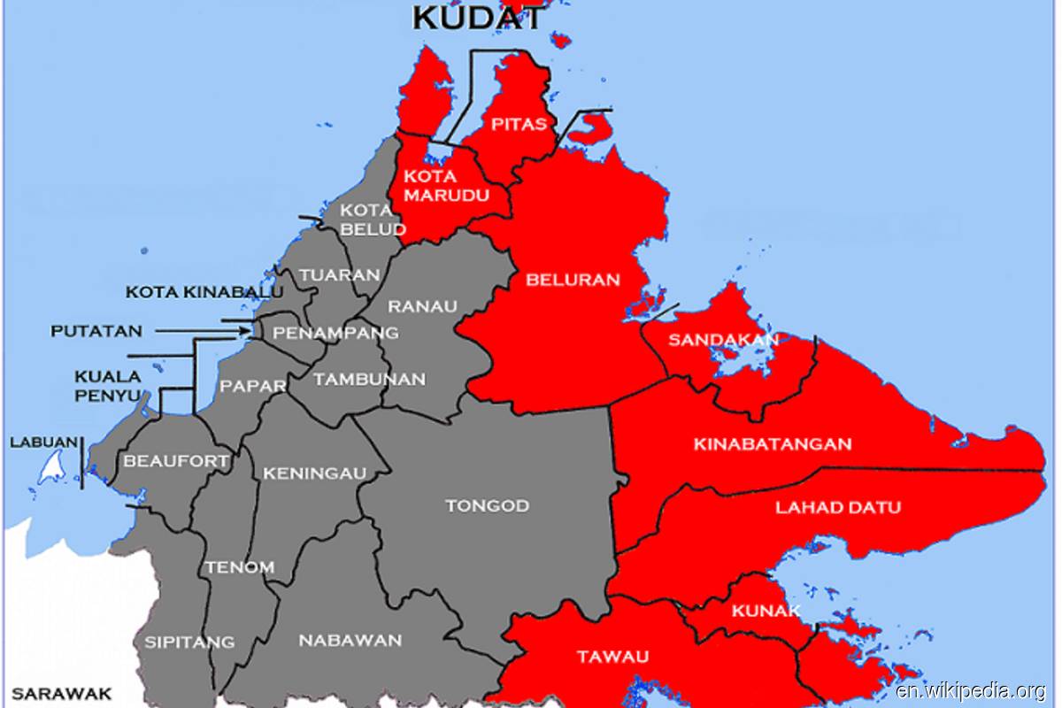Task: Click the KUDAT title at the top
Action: coord(478,17)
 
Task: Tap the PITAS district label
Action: coord(519,124)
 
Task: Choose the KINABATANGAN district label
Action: coord(773,443)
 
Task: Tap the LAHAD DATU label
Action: coord(838,507)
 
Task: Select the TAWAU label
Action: coord(612,656)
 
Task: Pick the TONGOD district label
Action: coord(487,505)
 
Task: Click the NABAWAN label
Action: coord(350,640)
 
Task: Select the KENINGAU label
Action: coord(314,473)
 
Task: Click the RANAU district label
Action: coord(423,306)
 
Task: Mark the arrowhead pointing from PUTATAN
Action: coord(245,332)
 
